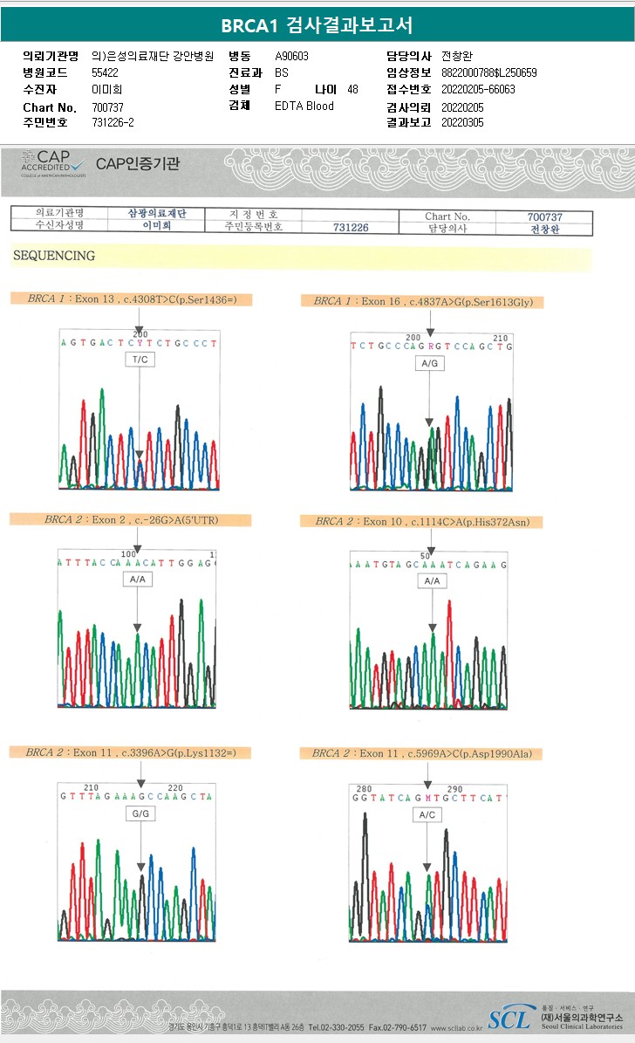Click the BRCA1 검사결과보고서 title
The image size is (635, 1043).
pyautogui.click(x=317, y=24)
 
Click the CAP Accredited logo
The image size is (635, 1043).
pyautogui.click(x=54, y=163)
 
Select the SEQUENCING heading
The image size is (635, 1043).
pyautogui.click(x=54, y=256)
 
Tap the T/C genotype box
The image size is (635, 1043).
pyautogui.click(x=140, y=360)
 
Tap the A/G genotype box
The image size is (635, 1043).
pyautogui.click(x=429, y=362)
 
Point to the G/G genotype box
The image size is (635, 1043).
pyautogui.click(x=140, y=813)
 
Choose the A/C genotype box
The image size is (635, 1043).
pyautogui.click(x=427, y=813)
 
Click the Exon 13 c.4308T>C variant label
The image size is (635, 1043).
pyautogui.click(x=131, y=299)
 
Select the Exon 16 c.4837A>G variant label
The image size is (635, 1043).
pyautogui.click(x=422, y=301)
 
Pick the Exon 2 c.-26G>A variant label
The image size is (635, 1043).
pyautogui.click(x=131, y=520)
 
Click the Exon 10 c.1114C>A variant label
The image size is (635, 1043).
pyautogui.click(x=422, y=522)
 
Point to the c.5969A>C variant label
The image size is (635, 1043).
pyautogui.click(x=420, y=753)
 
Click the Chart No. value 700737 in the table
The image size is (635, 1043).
pyautogui.click(x=544, y=216)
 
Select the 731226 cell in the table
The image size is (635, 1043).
pyautogui.click(x=351, y=228)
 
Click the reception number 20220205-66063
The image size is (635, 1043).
pyautogui.click(x=478, y=89)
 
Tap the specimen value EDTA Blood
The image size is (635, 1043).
pyautogui.click(x=304, y=106)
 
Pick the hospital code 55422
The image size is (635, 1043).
pyautogui.click(x=105, y=72)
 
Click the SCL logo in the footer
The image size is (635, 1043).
pyautogui.click(x=509, y=1018)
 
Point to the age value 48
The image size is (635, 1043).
pyautogui.click(x=352, y=89)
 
